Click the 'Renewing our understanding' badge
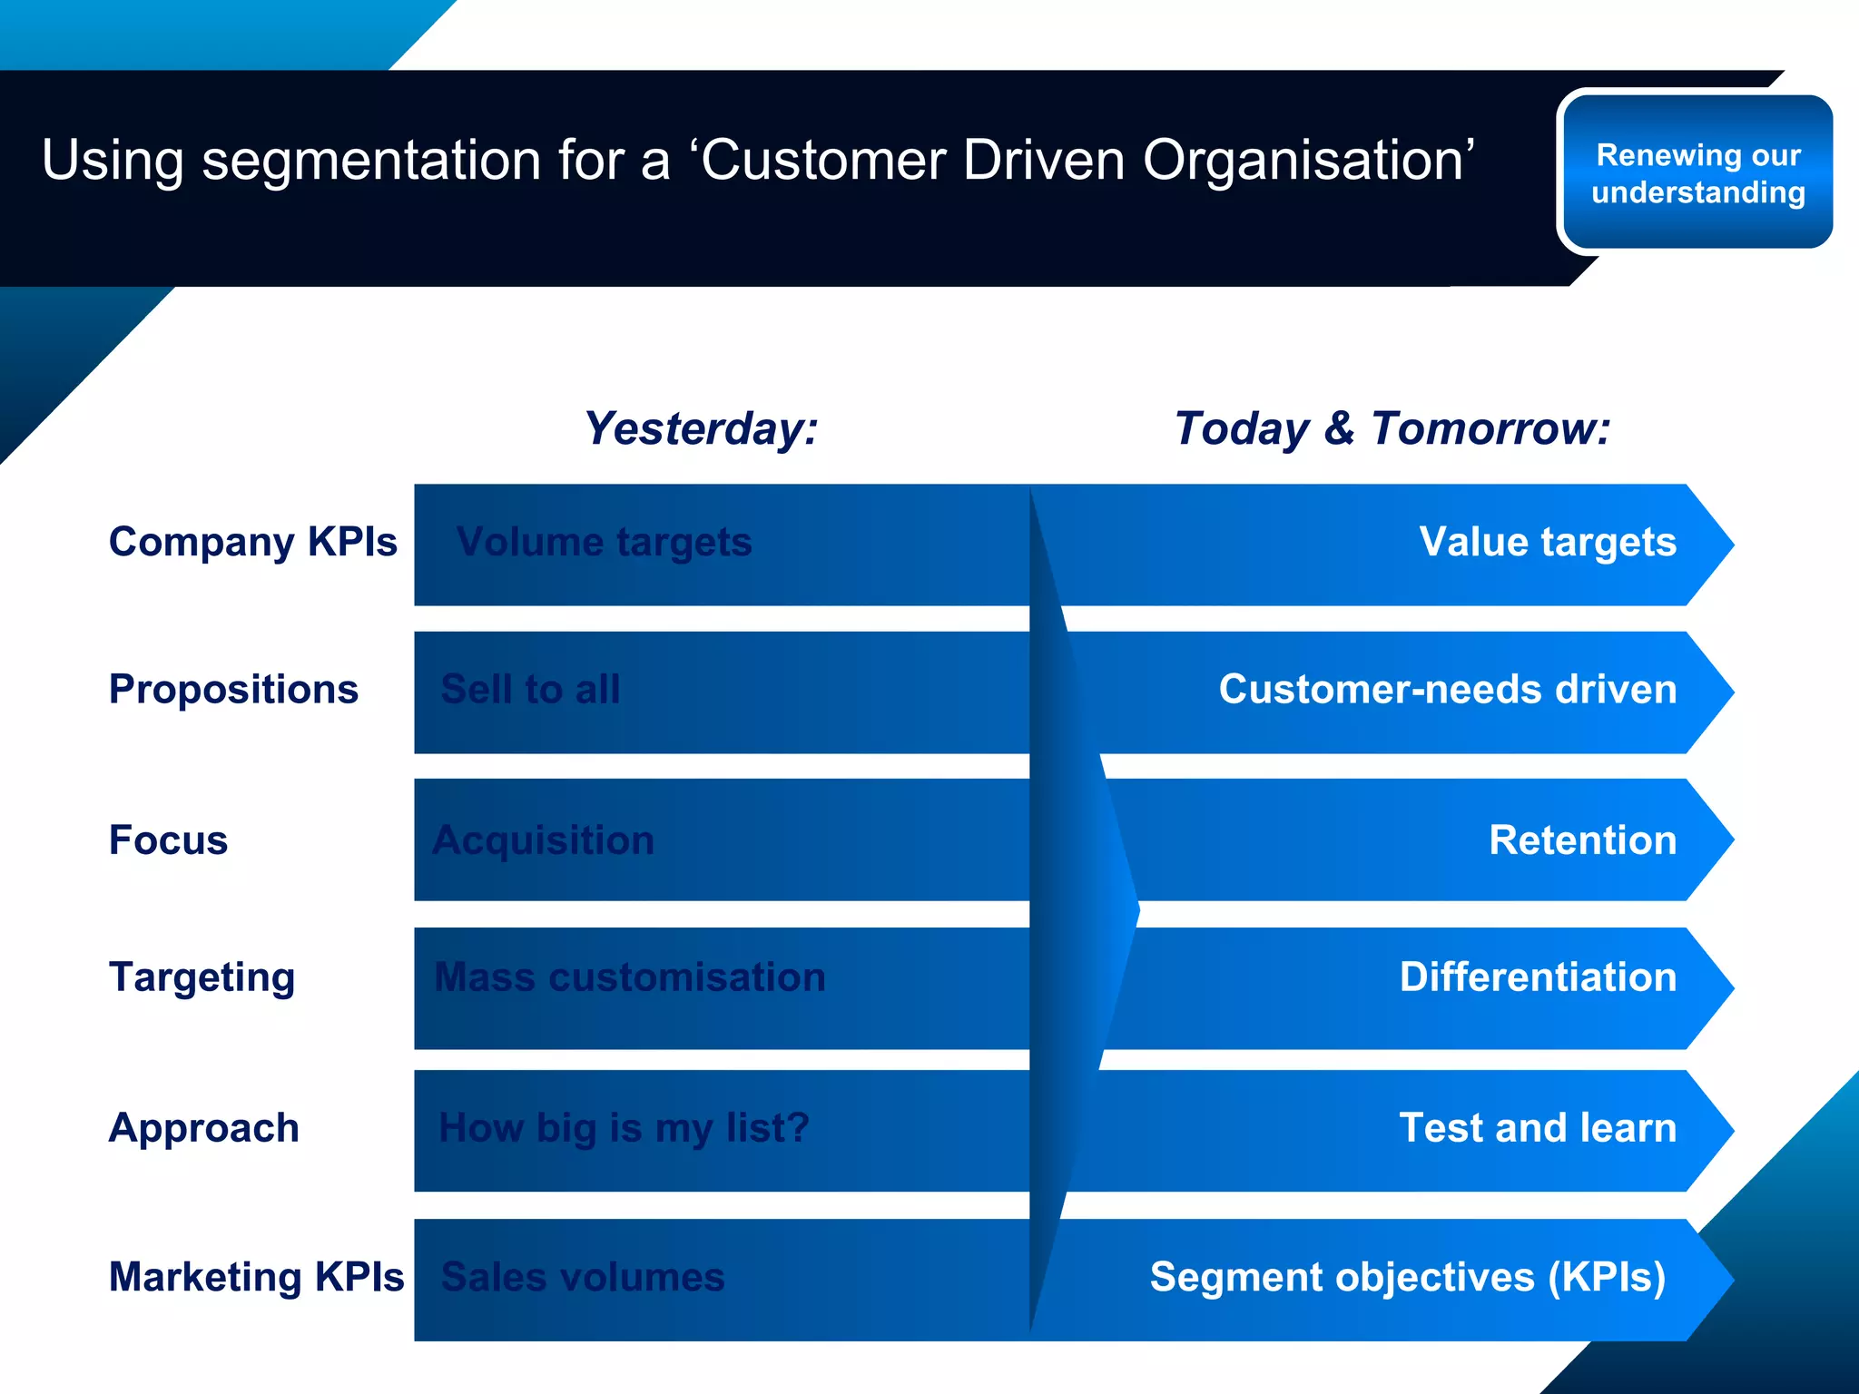(x=1697, y=172)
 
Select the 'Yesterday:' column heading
(x=700, y=428)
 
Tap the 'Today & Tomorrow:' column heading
(x=1392, y=428)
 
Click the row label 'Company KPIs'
(x=252, y=542)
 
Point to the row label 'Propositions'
(x=233, y=689)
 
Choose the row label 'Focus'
(x=168, y=839)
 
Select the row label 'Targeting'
(x=202, y=977)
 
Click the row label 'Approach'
(x=203, y=1128)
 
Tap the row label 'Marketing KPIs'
(x=256, y=1277)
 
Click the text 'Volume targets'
(x=604, y=543)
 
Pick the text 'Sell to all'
(x=530, y=690)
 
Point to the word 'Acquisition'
(x=543, y=840)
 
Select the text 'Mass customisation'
(x=630, y=977)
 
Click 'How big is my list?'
(x=624, y=1128)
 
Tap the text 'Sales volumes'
(x=583, y=1277)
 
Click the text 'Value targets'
(x=1547, y=542)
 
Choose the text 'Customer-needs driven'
(x=1447, y=689)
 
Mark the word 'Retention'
(x=1582, y=839)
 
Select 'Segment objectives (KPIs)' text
(x=1407, y=1277)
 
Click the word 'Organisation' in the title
(x=1308, y=161)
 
